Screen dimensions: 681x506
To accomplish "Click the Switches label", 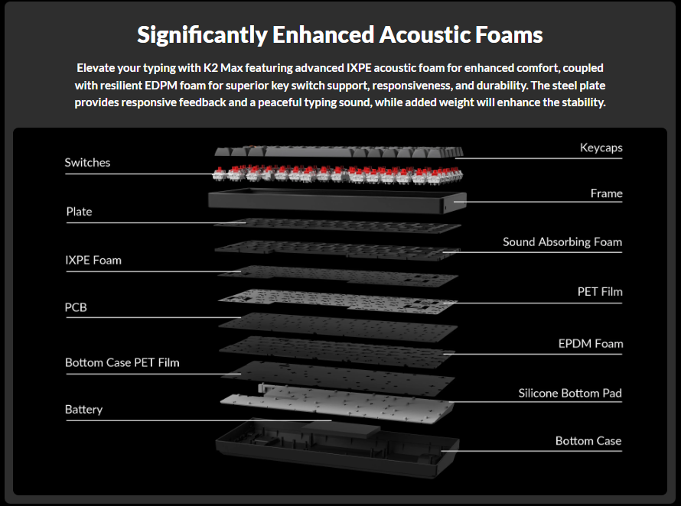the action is pos(87,163).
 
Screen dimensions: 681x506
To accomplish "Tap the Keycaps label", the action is pos(601,148).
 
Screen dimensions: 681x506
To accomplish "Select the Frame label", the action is pos(606,193).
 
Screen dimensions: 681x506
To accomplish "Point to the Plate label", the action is pos(79,212).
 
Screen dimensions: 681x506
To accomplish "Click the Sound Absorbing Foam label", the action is pos(562,242).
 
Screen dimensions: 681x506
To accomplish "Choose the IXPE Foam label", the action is pos(93,261).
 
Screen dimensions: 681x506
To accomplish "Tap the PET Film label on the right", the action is pos(600,292).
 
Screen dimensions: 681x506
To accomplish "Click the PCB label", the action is pos(76,307).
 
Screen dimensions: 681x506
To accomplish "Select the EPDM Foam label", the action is pos(590,344).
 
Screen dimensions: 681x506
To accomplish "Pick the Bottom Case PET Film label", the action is pos(122,362).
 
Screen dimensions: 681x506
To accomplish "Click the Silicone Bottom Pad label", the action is pos(570,394).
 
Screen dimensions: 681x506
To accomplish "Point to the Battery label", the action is pos(83,410).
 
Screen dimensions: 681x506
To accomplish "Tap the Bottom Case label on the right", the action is pos(588,441).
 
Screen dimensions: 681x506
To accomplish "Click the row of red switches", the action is pos(337,174).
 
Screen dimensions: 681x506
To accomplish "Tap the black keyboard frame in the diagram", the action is pos(337,201).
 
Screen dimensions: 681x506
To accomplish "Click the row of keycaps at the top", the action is pos(337,152).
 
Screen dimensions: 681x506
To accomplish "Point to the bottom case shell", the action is pos(337,451).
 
